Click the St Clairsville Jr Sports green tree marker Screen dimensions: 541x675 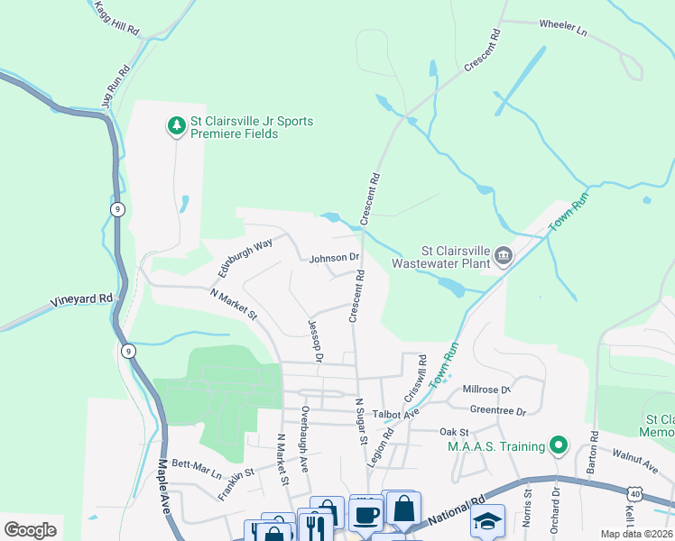click(x=177, y=124)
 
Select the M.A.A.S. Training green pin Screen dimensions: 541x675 click(x=558, y=445)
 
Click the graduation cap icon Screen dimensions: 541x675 click(x=487, y=522)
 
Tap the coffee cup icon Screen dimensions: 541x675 click(x=365, y=515)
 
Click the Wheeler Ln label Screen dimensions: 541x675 click(x=562, y=27)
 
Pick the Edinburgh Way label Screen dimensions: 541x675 click(x=245, y=257)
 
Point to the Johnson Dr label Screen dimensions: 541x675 click(x=334, y=259)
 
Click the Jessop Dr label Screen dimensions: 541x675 click(x=315, y=340)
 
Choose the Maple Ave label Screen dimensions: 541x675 click(x=163, y=486)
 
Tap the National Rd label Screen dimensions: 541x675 click(x=457, y=515)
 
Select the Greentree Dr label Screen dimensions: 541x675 click(x=498, y=410)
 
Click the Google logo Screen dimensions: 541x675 click(x=30, y=529)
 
